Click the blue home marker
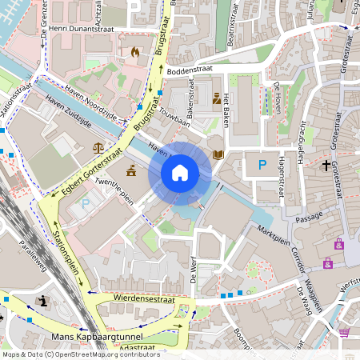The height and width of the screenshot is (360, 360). point(180,173)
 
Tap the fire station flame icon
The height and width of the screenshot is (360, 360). point(134,53)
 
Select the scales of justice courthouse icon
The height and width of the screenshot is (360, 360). point(98,148)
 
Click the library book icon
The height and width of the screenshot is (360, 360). point(217,155)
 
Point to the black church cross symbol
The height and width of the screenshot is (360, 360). point(326,166)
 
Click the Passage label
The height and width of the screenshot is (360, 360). point(308,217)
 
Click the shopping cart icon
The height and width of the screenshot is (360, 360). point(344,331)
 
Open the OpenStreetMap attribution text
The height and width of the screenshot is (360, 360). point(80,354)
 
